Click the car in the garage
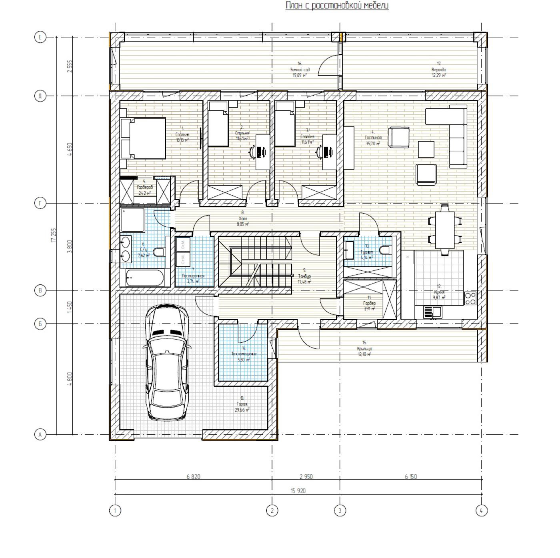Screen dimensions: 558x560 click(x=167, y=362)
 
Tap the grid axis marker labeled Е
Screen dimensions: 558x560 click(x=40, y=38)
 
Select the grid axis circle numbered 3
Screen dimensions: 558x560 click(x=340, y=510)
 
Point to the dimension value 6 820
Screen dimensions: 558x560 click(x=193, y=476)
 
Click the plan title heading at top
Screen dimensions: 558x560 click(x=337, y=6)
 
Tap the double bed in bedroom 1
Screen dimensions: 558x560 click(x=143, y=138)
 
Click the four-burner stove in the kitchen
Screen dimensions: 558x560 click(x=470, y=298)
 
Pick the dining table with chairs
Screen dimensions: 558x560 click(x=445, y=230)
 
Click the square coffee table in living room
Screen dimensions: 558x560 click(x=426, y=149)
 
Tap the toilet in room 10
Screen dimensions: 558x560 click(x=385, y=251)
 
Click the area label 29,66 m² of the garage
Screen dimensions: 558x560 click(x=242, y=410)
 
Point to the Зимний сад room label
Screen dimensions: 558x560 click(x=299, y=69)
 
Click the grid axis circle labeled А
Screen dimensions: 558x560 click(x=40, y=434)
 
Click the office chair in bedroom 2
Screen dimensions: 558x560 click(x=253, y=151)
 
